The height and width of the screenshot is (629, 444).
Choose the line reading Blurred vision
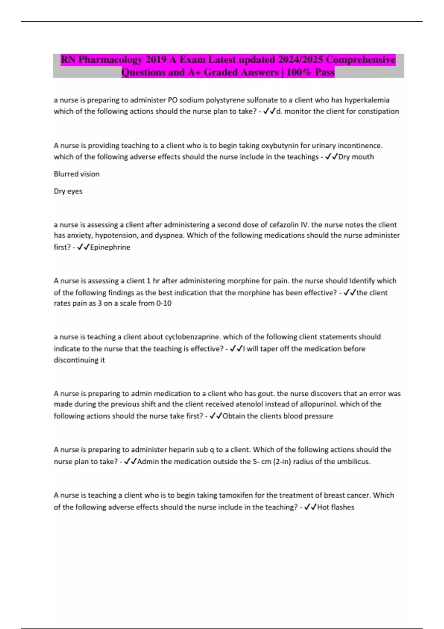[x=77, y=174]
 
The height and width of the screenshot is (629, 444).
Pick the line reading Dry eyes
[x=68, y=191]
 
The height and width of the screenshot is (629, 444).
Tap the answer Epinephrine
[x=110, y=247]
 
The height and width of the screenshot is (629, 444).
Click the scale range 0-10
[x=164, y=303]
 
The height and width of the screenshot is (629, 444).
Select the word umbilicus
[x=353, y=462]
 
